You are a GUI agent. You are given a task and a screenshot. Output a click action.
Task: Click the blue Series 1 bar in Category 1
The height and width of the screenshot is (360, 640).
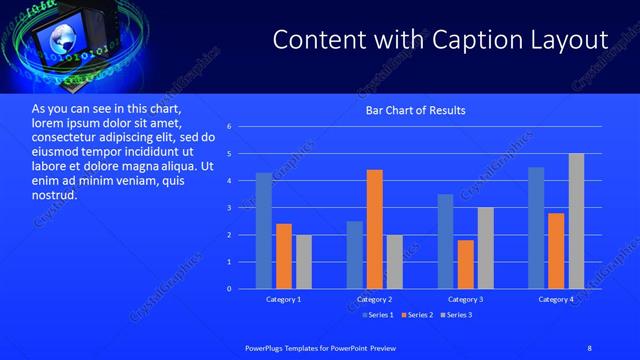click(264, 231)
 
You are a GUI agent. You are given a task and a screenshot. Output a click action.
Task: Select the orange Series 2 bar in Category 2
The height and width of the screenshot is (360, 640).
click(375, 229)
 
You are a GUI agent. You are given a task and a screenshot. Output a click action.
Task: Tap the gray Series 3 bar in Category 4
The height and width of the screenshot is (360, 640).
click(576, 221)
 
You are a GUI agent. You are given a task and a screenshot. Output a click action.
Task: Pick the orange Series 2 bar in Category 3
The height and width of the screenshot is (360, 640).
click(466, 264)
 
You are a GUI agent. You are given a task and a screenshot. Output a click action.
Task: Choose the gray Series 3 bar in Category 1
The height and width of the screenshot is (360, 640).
click(304, 262)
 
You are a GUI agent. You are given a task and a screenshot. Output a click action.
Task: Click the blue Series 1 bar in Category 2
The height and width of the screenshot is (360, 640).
click(355, 255)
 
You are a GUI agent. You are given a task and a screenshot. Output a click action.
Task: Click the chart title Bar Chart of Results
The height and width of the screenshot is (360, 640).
click(414, 110)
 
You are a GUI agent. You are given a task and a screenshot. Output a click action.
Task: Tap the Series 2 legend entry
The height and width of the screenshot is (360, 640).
click(416, 316)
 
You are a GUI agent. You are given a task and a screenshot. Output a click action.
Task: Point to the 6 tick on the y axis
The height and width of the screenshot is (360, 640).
click(229, 127)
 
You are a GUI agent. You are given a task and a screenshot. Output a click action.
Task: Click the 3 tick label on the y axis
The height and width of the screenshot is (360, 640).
click(229, 208)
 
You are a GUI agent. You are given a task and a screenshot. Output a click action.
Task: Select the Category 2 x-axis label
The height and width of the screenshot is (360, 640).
click(375, 300)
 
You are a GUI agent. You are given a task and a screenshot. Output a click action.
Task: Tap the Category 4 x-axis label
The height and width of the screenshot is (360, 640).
click(556, 300)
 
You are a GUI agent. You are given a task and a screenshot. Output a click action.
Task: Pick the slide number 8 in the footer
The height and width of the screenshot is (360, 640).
click(589, 347)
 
